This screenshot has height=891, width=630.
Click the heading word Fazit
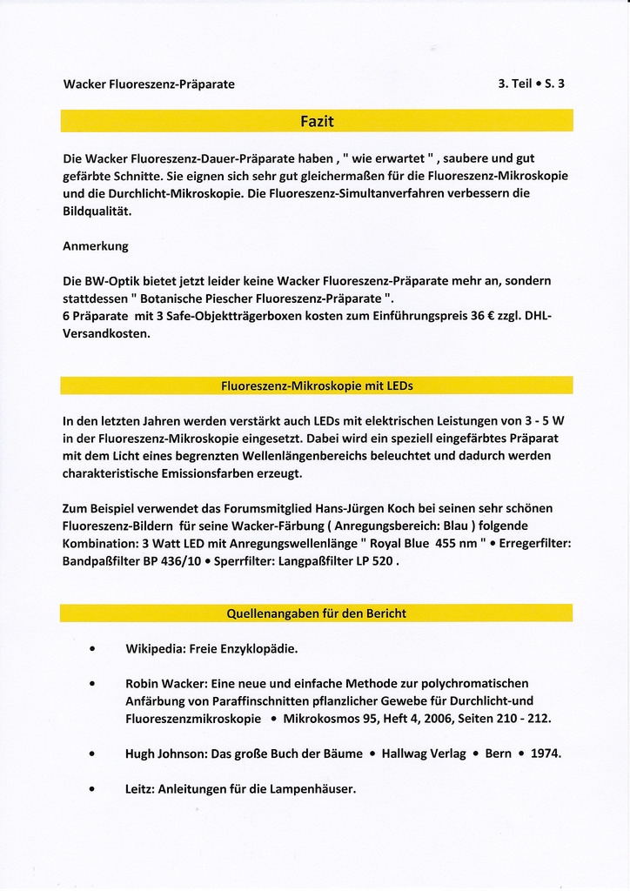pos(317,121)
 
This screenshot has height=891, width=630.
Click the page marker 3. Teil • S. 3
pos(531,84)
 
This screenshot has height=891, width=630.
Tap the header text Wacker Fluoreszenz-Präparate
pos(149,84)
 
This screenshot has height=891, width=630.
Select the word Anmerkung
pos(96,246)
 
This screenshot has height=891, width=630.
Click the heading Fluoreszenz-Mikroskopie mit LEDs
pos(317,385)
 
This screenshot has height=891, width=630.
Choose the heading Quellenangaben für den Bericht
pos(317,613)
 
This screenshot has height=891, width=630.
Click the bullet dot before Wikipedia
pos(91,649)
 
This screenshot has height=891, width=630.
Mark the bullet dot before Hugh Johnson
pos(91,754)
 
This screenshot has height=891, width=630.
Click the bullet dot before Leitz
pos(91,789)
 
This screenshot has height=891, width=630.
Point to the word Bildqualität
pos(97,211)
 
